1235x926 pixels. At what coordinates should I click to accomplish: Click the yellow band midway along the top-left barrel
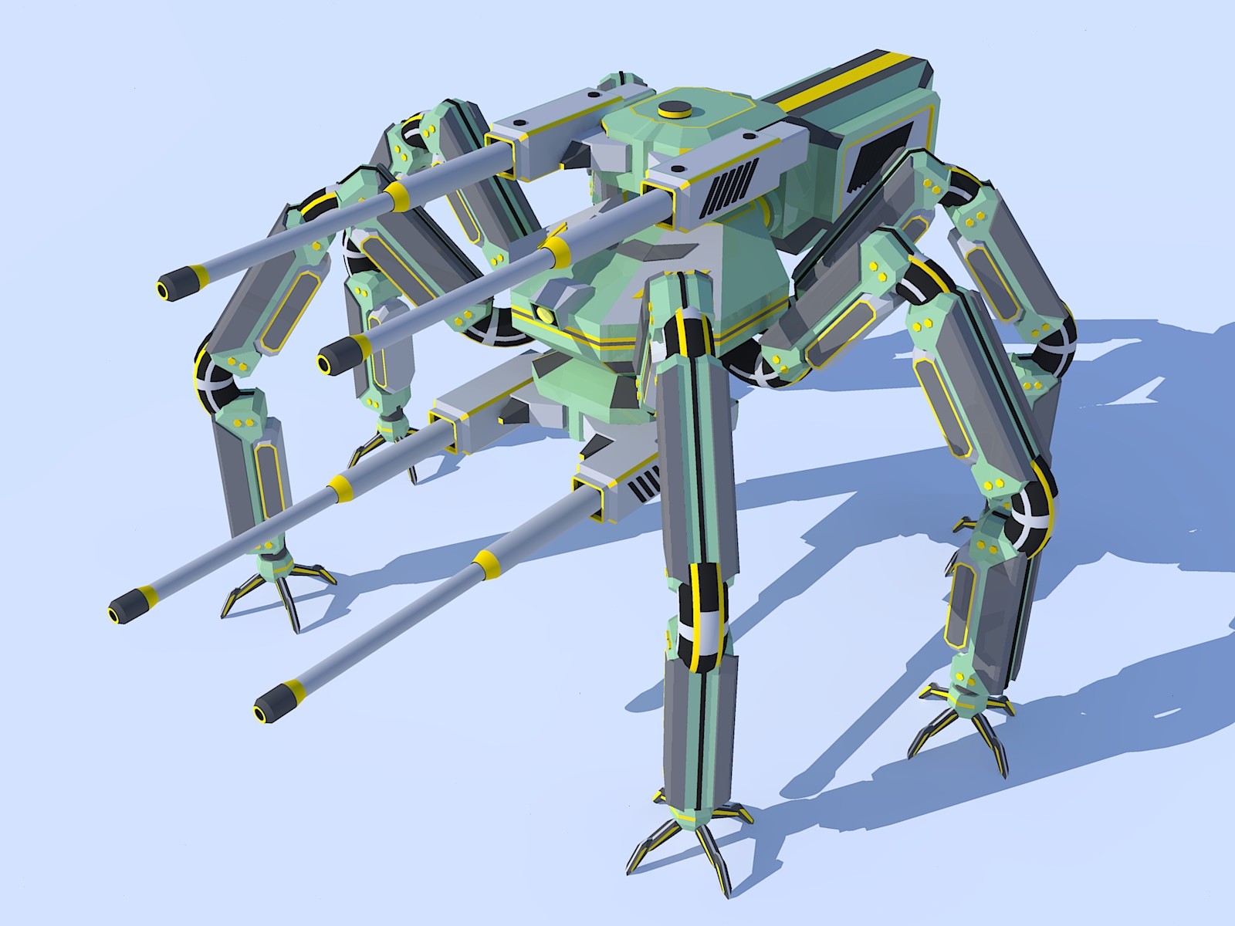pyautogui.click(x=397, y=197)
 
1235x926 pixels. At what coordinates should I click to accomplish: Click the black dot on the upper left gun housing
pyautogui.click(x=592, y=93)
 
